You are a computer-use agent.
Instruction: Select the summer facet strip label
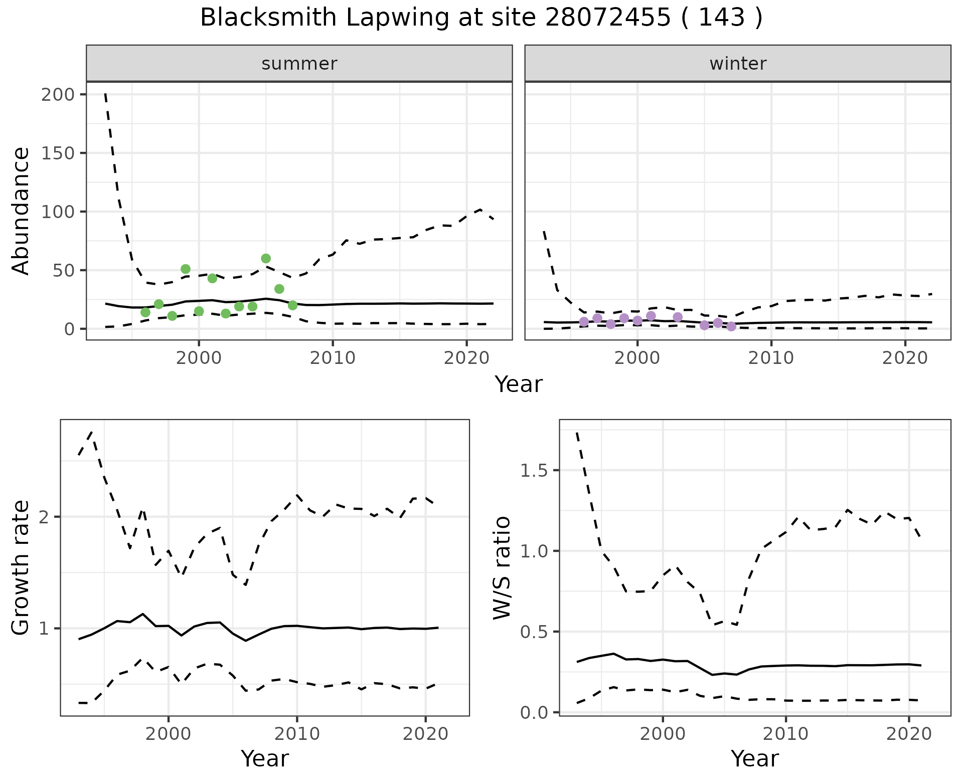[x=299, y=64]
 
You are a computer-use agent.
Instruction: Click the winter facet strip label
[x=738, y=64]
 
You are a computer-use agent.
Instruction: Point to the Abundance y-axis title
[x=21, y=211]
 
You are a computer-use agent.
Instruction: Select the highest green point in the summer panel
[x=266, y=259]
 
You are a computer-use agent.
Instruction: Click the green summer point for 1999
[x=186, y=269]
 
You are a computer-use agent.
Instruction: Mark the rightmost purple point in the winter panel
[x=731, y=326]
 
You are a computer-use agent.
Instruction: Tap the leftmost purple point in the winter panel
[x=584, y=322]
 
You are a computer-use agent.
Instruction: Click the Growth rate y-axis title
[x=21, y=568]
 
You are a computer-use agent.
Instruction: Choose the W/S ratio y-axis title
[x=502, y=568]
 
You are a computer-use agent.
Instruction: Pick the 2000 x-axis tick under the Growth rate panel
[x=169, y=734]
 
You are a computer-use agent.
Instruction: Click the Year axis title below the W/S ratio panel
[x=754, y=759]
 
